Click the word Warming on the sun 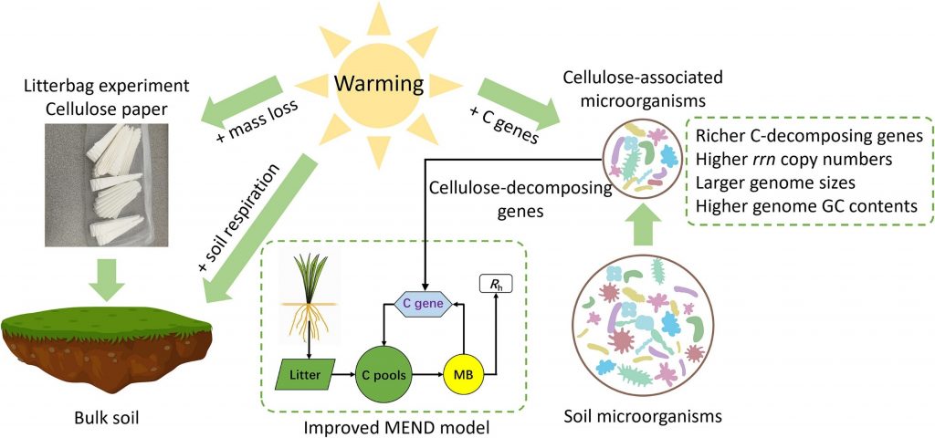(379, 85)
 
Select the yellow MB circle (461, 375)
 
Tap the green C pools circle (383, 375)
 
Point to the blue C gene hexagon (424, 305)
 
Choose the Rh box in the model (496, 286)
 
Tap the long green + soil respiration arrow (260, 226)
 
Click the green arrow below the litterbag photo (107, 274)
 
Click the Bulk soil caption (106, 418)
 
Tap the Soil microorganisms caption (642, 415)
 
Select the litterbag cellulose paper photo (107, 184)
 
